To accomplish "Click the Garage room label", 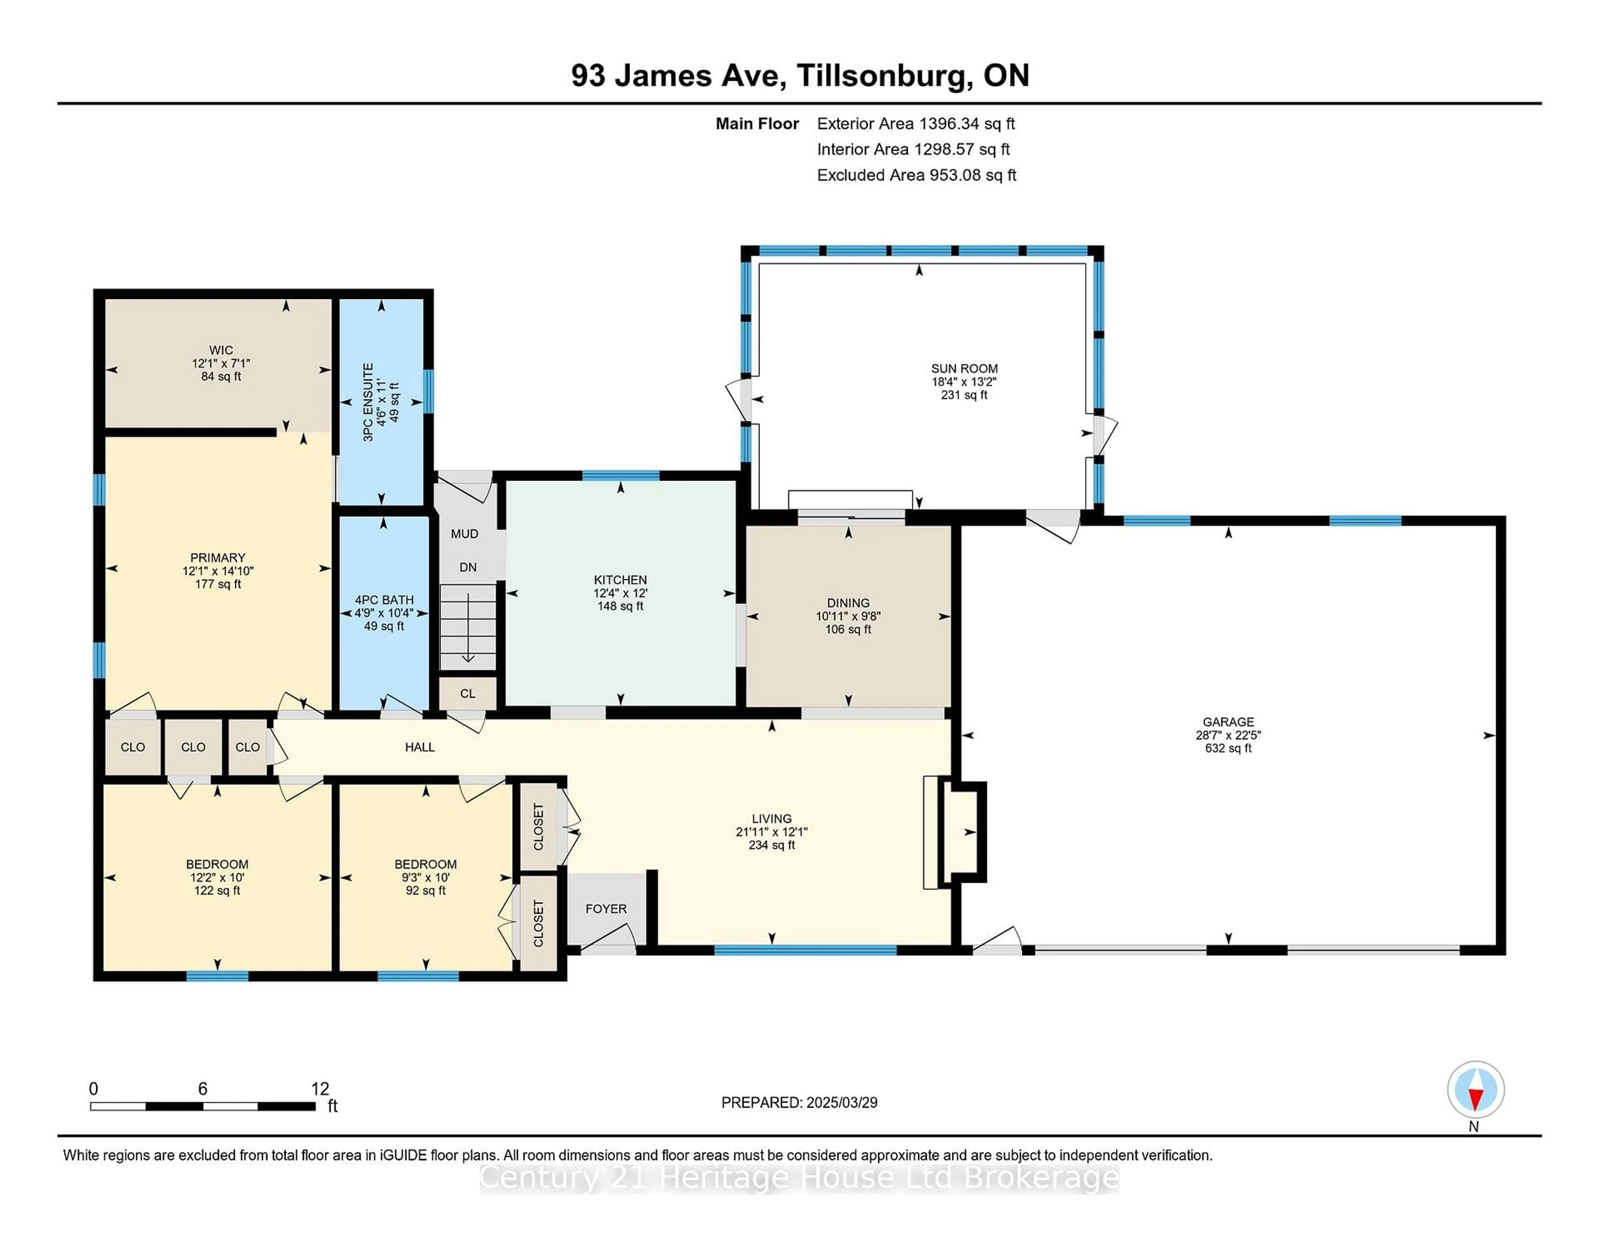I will click(x=1228, y=722).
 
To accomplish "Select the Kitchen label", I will click(x=620, y=580).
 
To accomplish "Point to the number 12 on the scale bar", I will click(x=320, y=1089).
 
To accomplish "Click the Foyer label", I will click(x=605, y=909).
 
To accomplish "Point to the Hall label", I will click(x=419, y=747).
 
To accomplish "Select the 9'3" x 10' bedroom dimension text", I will click(x=426, y=877).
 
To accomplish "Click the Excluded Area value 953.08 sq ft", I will click(x=972, y=175).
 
